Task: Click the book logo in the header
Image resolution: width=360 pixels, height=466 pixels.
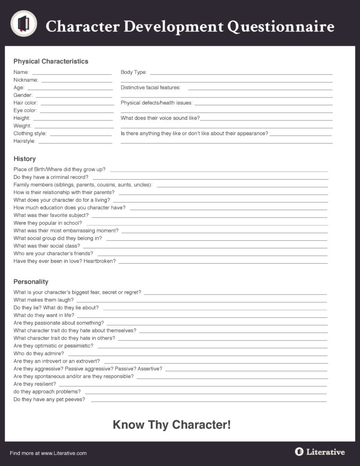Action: click(24, 24)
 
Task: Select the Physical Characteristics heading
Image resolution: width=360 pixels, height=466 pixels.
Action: click(51, 61)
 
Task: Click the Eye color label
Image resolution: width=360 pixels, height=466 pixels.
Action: click(25, 110)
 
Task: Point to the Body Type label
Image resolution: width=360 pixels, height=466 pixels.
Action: click(134, 73)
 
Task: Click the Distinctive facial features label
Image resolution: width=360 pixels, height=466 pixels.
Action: click(150, 88)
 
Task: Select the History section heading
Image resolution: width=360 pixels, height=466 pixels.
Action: click(25, 159)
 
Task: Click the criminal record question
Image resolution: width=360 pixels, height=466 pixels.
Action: click(51, 177)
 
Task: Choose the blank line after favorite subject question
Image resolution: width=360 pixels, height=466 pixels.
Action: click(209, 217)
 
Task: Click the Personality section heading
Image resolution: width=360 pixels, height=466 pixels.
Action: click(31, 282)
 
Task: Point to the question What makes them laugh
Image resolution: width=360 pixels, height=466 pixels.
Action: click(43, 300)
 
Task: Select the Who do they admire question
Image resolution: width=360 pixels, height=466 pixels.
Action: click(38, 354)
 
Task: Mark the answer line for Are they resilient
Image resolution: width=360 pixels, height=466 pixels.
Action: click(192, 385)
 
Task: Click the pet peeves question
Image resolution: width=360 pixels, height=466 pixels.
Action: click(49, 400)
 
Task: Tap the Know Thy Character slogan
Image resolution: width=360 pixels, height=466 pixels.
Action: click(172, 425)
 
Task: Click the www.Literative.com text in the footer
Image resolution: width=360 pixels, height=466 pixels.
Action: click(63, 453)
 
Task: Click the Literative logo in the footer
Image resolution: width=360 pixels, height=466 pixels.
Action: click(320, 452)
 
